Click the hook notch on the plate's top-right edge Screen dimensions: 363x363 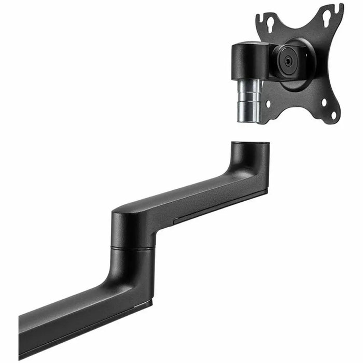(339, 9)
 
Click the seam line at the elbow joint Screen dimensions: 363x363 (132, 248)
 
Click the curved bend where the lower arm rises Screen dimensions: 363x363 (127, 280)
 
